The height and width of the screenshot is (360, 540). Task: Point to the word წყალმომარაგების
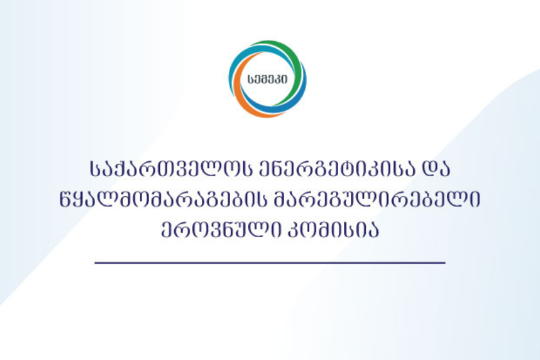[x=163, y=199]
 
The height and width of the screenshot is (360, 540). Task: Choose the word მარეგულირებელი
[x=377, y=199]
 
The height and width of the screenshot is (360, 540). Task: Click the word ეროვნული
[x=221, y=229]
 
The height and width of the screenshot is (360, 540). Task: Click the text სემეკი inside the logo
[x=267, y=80]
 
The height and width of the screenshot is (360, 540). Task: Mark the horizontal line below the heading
[x=270, y=263]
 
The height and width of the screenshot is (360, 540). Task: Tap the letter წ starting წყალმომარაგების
[x=66, y=199]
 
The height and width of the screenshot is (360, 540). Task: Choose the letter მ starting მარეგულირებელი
[x=281, y=199]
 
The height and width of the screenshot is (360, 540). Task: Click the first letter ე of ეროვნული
[x=166, y=229]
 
